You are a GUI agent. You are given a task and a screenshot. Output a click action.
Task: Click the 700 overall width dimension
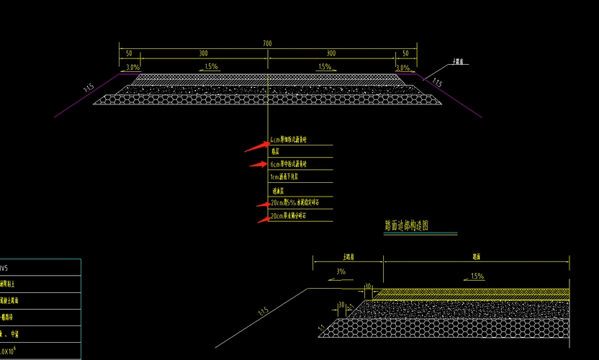pos(267,44)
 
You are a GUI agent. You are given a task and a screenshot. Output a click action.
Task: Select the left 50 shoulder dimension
pos(129,54)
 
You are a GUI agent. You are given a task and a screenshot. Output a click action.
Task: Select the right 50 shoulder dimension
pos(405,54)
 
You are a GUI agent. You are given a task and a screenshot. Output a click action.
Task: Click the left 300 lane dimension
pos(204,54)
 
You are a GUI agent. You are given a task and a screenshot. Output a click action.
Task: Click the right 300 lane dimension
pos(330,54)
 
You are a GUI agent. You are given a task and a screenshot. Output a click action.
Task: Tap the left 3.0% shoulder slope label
pos(132,68)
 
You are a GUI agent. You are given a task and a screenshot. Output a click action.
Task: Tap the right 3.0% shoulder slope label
pos(402,68)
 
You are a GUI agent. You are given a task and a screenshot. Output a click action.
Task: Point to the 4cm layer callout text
pos(289,140)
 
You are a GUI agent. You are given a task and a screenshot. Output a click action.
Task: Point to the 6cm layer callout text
pos(289,164)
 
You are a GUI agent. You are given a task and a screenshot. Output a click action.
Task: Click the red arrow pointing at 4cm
pos(256,147)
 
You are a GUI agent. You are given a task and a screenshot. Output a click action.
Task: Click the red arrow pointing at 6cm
pos(258,165)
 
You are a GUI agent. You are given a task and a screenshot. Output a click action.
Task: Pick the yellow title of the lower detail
pos(407,226)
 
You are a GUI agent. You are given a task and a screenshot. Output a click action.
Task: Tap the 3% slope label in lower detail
pos(341,272)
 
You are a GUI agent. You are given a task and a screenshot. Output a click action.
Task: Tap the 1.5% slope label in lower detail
pos(477,276)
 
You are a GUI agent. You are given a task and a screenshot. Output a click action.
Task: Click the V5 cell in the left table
pos(4,268)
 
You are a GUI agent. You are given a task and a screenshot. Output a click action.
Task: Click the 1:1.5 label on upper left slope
pos(89,88)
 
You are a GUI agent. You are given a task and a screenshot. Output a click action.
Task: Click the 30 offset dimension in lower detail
pos(341,305)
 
